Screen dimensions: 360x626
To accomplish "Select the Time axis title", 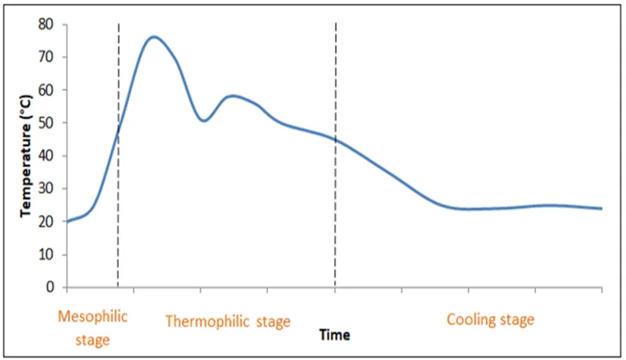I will coord(335,334).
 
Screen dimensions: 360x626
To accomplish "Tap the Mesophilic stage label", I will coord(92,328).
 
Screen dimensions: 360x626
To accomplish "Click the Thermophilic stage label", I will coord(228,322).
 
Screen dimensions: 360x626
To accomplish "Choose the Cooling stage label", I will coord(490,319).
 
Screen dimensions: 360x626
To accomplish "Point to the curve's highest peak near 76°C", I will coord(153,37).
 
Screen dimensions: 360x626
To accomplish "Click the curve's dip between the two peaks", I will coord(203,121).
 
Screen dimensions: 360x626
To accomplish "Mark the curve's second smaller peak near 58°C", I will coord(233,95).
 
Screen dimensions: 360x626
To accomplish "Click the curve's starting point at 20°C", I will coord(67,221).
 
